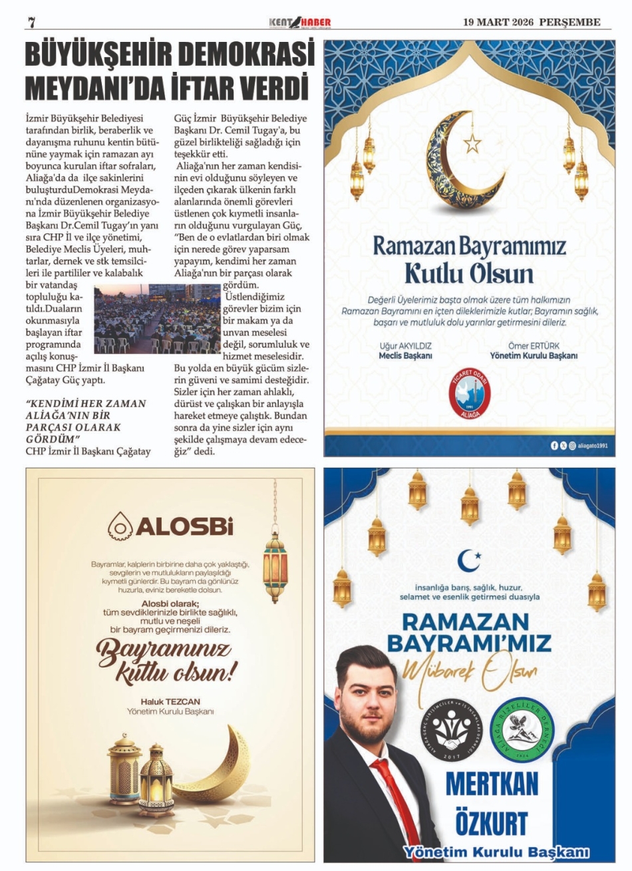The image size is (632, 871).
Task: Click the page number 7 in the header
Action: (31, 22)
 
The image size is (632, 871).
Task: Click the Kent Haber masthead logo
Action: (299, 23)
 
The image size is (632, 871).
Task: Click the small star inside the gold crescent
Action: (473, 142)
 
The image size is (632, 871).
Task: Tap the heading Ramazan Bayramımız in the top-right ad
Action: (469, 246)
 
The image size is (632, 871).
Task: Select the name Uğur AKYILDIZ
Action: (406, 346)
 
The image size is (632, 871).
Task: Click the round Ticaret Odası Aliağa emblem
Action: (469, 393)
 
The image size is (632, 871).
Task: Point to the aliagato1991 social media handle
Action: (592, 446)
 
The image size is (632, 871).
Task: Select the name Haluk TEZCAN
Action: (170, 701)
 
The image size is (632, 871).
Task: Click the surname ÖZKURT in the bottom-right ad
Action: (492, 823)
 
